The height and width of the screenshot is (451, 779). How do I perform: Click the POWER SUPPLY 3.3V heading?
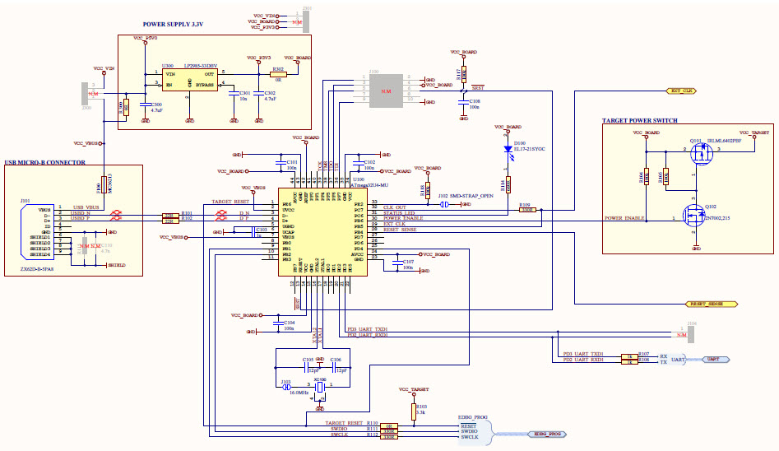click(173, 26)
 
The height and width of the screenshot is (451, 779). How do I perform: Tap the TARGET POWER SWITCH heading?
click(639, 121)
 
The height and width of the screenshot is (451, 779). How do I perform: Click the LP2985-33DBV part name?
click(201, 65)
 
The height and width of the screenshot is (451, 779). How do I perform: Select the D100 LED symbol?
click(508, 150)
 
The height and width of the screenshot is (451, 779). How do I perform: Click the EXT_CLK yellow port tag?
click(682, 91)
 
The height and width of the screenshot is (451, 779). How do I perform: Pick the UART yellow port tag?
click(712, 360)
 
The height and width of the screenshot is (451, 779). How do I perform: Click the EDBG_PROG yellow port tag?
click(548, 433)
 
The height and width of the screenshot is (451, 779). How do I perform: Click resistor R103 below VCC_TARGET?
click(412, 409)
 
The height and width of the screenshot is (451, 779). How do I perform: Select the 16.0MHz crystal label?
click(298, 393)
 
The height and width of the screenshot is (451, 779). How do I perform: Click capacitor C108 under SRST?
click(463, 102)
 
